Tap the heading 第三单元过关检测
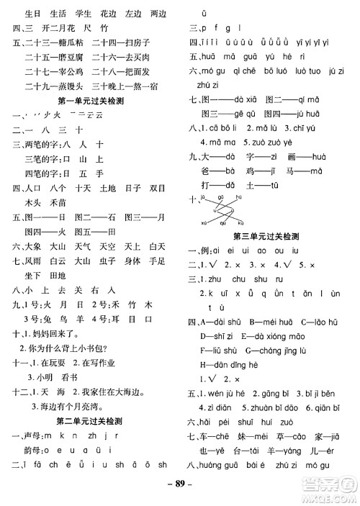pos(269,235)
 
